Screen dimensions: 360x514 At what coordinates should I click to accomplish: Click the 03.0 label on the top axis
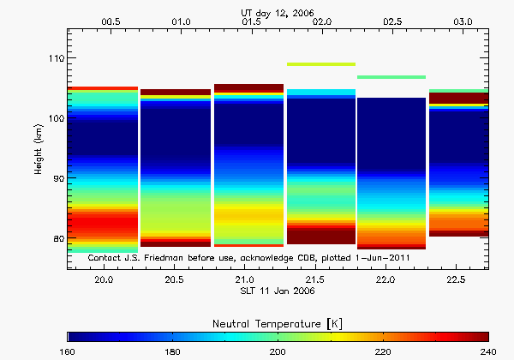[461, 20]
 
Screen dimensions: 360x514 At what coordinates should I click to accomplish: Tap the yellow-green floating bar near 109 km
[321, 63]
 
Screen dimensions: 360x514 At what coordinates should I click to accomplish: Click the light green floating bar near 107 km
[391, 77]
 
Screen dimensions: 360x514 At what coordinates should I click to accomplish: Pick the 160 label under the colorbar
[68, 351]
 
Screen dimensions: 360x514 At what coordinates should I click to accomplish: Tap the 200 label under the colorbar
[278, 351]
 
